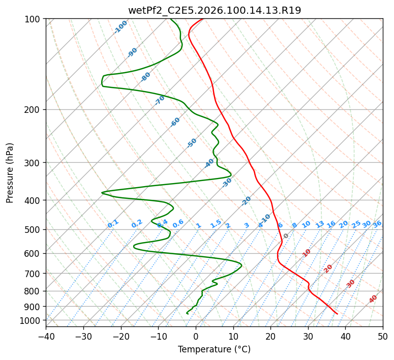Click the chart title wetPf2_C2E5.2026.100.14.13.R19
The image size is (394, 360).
[x=214, y=10]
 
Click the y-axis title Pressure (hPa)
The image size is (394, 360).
[x=10, y=173]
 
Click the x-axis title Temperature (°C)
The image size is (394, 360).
[x=214, y=350]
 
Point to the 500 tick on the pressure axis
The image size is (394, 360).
[x=34, y=230]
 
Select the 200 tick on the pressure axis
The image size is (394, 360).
[x=34, y=110]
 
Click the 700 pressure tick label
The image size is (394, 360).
[x=34, y=274]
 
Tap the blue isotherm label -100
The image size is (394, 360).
[x=120, y=26]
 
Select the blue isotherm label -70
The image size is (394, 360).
[x=160, y=100]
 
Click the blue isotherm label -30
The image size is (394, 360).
[x=227, y=183]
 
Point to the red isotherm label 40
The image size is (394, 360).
[x=373, y=299]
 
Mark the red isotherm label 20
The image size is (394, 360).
[x=328, y=268]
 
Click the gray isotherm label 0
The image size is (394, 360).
[x=286, y=236]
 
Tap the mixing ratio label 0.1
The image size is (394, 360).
[x=113, y=223]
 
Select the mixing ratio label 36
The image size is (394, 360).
[x=377, y=224]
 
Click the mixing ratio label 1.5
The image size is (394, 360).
[x=216, y=223]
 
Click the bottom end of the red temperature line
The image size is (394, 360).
[x=337, y=314]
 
